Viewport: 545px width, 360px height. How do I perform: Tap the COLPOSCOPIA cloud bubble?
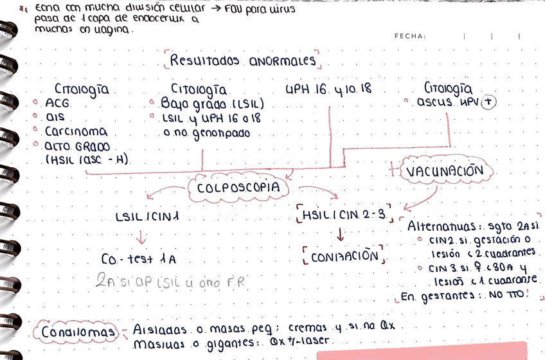(x=238, y=188)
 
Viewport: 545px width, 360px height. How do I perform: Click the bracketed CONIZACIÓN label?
(x=343, y=255)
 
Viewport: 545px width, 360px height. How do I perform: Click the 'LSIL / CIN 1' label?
(x=147, y=217)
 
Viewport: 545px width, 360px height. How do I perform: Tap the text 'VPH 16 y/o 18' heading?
(x=328, y=89)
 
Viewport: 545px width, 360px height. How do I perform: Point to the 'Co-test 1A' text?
(x=139, y=260)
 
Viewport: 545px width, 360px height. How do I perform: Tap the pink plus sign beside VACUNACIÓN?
(x=394, y=170)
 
